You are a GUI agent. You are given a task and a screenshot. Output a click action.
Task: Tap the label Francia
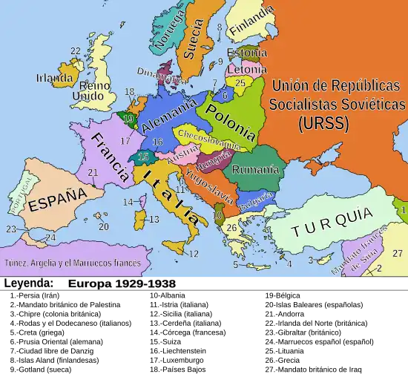pyautogui.click(x=110, y=157)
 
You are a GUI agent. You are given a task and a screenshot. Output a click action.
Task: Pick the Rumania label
pyautogui.click(x=255, y=170)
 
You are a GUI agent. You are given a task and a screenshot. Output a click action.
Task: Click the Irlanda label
pyautogui.click(x=55, y=77)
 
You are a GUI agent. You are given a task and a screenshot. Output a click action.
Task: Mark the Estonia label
pyautogui.click(x=247, y=53)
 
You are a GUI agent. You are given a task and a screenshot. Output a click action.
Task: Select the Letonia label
pyautogui.click(x=248, y=69)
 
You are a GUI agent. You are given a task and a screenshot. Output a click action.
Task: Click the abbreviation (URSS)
pyautogui.click(x=323, y=124)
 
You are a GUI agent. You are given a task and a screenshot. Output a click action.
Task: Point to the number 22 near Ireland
pyautogui.click(x=76, y=51)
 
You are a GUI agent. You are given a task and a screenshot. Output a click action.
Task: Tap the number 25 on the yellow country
pyautogui.click(x=240, y=83)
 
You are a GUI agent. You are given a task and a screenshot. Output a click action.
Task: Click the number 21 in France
pyautogui.click(x=93, y=172)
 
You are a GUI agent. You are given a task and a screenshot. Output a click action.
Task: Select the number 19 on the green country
pyautogui.click(x=128, y=118)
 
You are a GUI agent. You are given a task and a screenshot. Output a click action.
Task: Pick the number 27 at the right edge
pyautogui.click(x=398, y=253)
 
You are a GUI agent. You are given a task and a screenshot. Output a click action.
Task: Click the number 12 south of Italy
pyautogui.click(x=194, y=254)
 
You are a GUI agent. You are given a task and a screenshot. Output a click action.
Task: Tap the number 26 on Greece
pyautogui.click(x=232, y=228)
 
